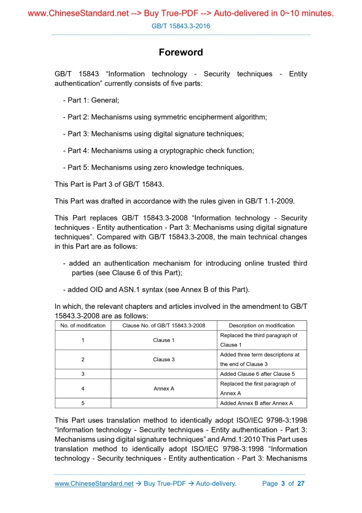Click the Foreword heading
point(181,52)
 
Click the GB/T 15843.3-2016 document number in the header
point(181,25)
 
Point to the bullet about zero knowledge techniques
point(153,168)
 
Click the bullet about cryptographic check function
point(158,151)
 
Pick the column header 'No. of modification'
point(83,326)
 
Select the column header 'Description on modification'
point(261,326)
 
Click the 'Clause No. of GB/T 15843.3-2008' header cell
point(164,326)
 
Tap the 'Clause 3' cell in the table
point(161,360)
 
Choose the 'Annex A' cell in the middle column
point(164,389)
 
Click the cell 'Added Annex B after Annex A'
point(256,403)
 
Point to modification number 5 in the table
point(83,403)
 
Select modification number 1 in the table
point(83,340)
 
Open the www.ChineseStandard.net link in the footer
point(94,484)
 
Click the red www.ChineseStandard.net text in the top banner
point(78,13)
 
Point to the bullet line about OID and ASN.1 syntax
point(156,289)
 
